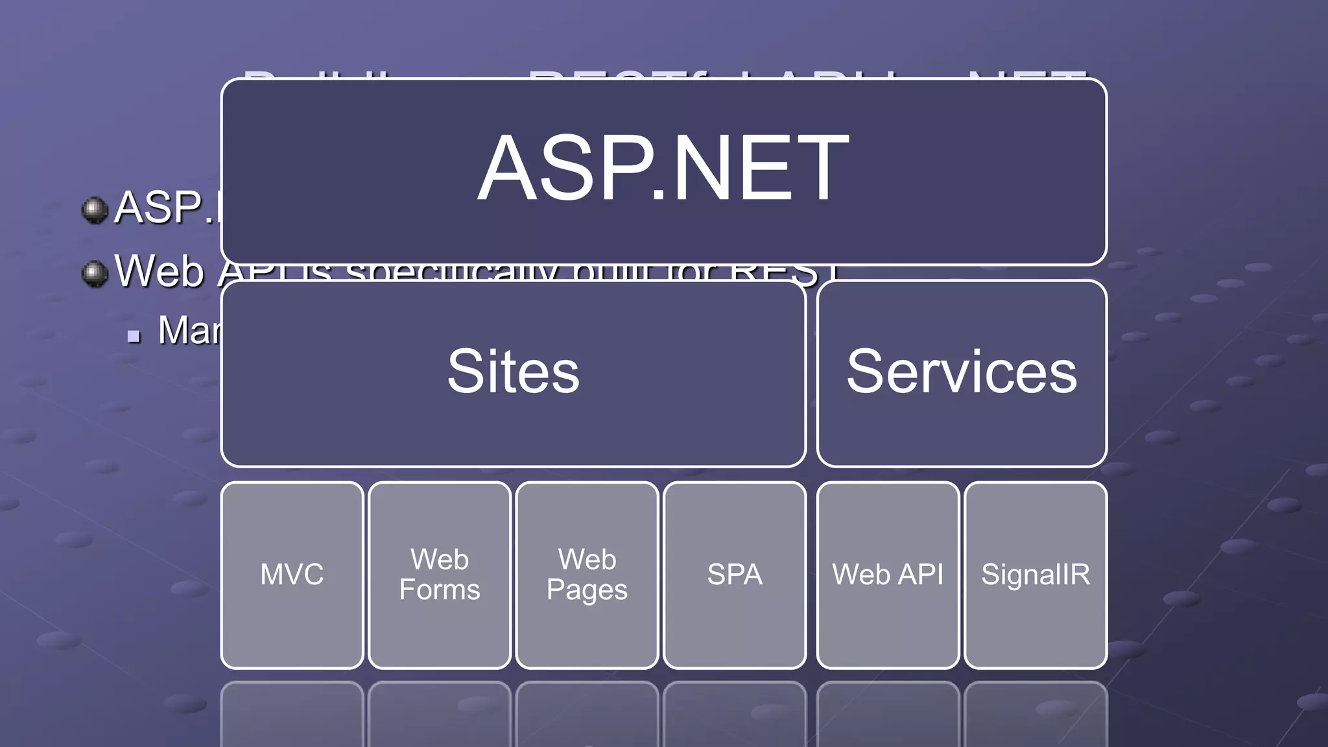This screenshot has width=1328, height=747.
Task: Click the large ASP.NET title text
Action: [663, 169]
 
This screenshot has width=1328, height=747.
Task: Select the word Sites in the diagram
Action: [513, 372]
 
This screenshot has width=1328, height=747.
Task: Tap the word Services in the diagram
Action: [962, 372]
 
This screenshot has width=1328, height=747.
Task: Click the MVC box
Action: [292, 575]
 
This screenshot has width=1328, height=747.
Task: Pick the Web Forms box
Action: [440, 575]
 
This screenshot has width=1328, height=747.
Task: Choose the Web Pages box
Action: [587, 575]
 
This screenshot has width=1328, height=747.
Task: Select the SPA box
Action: [735, 575]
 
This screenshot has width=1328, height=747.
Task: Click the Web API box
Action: [888, 575]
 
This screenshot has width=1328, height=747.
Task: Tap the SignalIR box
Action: [1036, 575]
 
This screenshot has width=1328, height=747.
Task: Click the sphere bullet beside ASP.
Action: [95, 210]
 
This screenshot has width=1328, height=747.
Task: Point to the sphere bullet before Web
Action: [95, 273]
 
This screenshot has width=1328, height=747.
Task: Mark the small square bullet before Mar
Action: [134, 336]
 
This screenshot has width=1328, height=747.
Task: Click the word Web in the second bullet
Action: [160, 271]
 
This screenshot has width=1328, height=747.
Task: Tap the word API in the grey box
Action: [920, 575]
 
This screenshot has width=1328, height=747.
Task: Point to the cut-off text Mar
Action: [189, 331]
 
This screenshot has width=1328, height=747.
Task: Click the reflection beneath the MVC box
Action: [292, 713]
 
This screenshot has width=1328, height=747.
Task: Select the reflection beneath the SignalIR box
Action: [1036, 713]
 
